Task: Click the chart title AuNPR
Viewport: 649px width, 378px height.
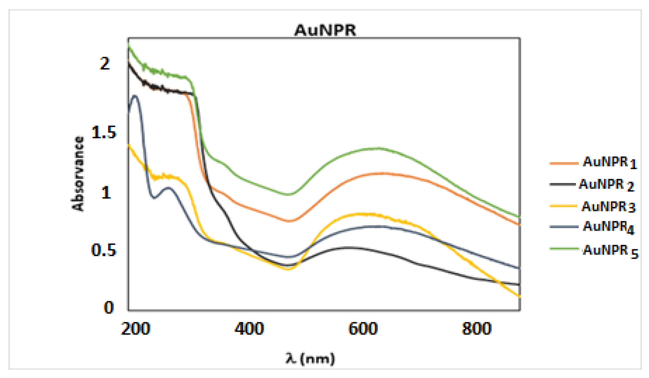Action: click(325, 30)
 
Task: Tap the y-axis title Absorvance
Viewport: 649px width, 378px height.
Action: click(78, 174)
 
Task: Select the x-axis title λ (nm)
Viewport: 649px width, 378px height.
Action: click(310, 359)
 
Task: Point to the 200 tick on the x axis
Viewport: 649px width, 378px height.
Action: click(136, 329)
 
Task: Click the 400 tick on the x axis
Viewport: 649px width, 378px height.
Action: click(249, 329)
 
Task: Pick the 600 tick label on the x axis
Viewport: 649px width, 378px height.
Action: click(363, 329)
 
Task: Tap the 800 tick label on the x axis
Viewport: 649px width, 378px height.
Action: click(477, 329)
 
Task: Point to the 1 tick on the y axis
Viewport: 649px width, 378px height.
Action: click(106, 192)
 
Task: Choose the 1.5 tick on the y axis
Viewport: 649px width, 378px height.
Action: click(104, 133)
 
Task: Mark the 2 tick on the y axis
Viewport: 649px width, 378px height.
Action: click(105, 63)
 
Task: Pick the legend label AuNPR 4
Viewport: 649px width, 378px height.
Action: click(608, 227)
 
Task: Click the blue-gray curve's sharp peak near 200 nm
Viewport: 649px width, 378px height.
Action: click(134, 96)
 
